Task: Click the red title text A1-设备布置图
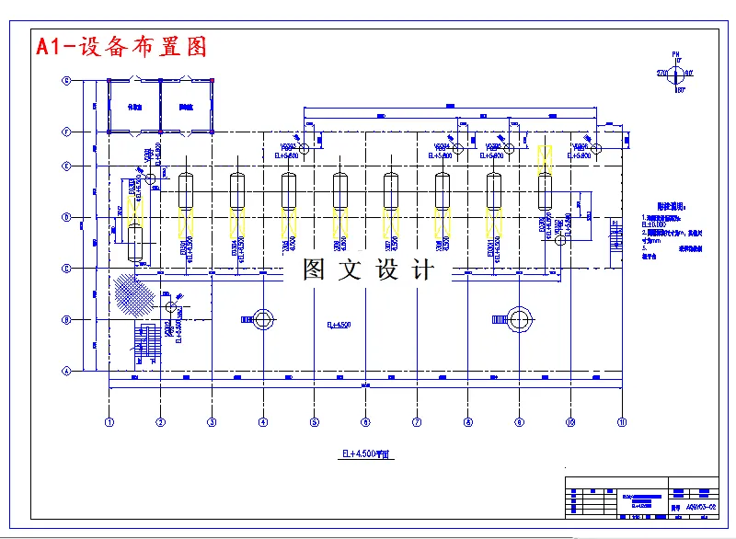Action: coord(121,46)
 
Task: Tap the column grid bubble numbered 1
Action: coord(109,422)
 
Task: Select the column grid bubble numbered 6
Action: coord(365,422)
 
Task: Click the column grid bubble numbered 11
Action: coord(622,422)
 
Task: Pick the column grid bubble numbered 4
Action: coord(263,422)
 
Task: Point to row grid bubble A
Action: coord(66,372)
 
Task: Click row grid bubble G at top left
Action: coord(66,81)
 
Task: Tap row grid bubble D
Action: coord(66,218)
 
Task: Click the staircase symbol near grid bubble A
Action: coord(148,342)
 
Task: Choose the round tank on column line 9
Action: coord(520,320)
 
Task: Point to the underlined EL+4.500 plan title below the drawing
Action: coord(367,454)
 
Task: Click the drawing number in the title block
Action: coord(700,507)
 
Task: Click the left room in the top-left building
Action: coord(134,106)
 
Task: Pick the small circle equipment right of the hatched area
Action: coord(170,305)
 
